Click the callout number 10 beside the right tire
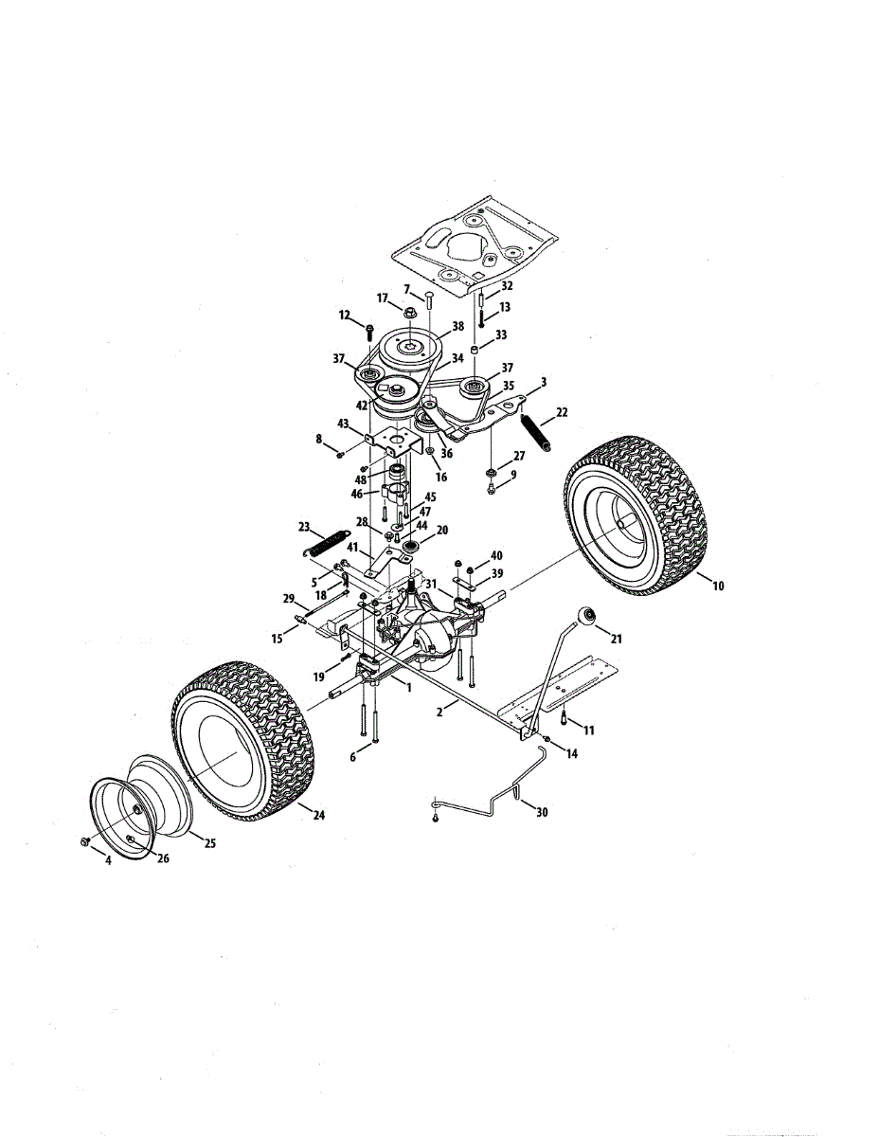718,587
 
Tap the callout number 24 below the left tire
319,815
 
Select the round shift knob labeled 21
591,617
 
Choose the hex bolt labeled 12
368,330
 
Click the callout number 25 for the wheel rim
210,843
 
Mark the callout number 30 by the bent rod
541,812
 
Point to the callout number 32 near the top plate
507,285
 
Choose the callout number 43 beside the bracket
343,424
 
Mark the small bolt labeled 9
492,488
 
